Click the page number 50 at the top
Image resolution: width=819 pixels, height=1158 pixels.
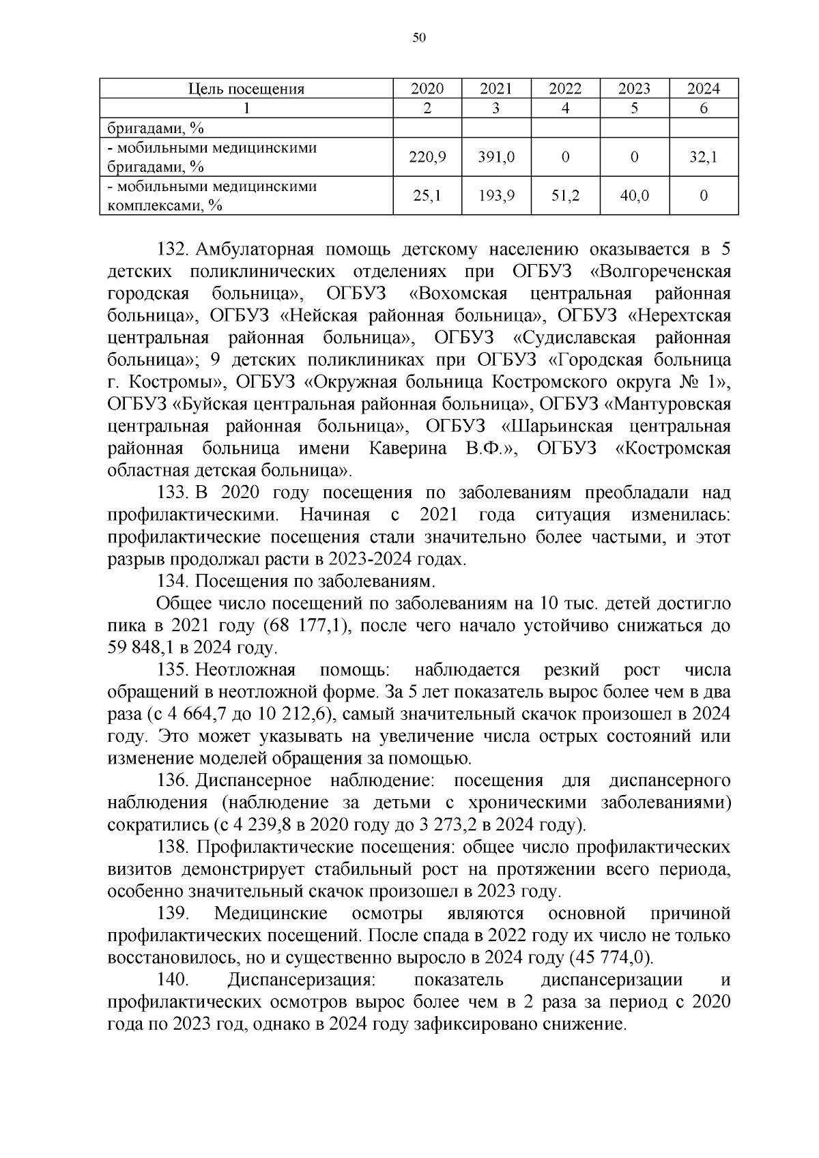419,38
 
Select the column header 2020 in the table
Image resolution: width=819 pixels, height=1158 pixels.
427,89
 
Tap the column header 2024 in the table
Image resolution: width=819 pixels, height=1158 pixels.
703,89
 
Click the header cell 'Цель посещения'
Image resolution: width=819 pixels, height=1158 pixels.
246,89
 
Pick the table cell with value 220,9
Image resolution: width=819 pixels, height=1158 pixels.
427,157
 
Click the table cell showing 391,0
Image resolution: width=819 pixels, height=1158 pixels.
496,157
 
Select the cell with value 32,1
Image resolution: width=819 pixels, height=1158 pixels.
703,157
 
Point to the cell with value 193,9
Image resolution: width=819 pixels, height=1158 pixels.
496,196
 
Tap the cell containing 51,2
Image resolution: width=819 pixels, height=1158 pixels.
565,196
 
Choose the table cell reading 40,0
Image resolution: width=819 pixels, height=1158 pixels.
634,196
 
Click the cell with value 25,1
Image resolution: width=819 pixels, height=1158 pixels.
427,196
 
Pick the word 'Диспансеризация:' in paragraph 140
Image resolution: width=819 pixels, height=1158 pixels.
301,980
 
